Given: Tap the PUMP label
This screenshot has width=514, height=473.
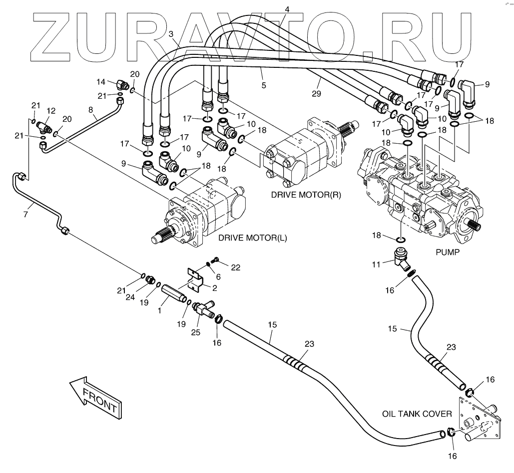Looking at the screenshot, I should coord(447,252).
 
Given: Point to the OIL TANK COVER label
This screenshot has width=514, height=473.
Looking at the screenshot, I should coord(417,414).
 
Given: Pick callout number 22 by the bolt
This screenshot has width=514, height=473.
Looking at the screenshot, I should coord(235,267).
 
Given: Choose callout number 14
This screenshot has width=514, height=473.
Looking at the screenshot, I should coord(101,81).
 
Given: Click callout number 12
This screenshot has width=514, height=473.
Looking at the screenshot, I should coord(50,110).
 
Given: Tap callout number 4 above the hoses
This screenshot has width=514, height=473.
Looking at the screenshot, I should coord(287,9).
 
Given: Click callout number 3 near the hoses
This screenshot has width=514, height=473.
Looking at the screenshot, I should coord(171,34).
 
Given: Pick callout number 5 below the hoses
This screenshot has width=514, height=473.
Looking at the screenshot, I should coord(263,85).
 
